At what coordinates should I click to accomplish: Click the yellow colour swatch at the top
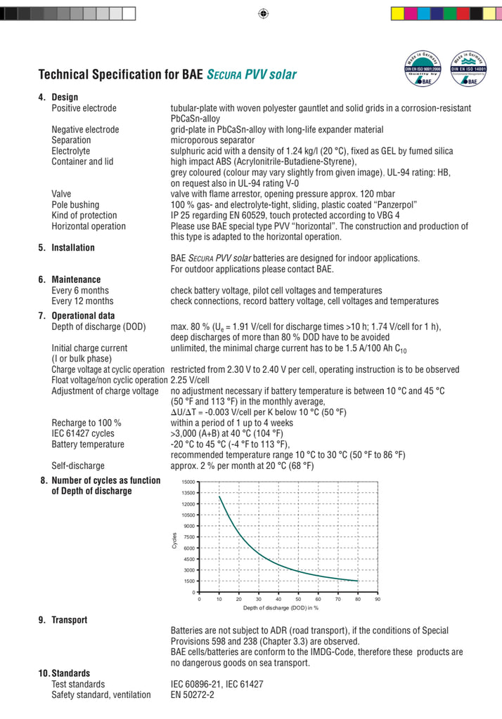tap(397, 13)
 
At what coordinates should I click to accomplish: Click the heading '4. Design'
tap(58, 97)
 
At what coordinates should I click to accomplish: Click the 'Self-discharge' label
tap(78, 466)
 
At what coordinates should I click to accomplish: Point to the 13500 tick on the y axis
tap(188, 494)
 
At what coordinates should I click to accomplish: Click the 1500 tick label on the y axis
tap(189, 581)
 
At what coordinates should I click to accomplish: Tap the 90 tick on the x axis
tap(378, 599)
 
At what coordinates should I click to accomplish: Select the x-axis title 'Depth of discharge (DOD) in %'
tap(281, 607)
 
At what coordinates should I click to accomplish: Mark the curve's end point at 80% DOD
tap(358, 581)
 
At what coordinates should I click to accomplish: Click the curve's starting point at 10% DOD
tap(219, 496)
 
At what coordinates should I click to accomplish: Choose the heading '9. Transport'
tap(63, 620)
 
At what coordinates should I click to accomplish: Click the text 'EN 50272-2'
tap(193, 694)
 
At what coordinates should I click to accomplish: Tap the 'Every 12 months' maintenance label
tap(82, 301)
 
